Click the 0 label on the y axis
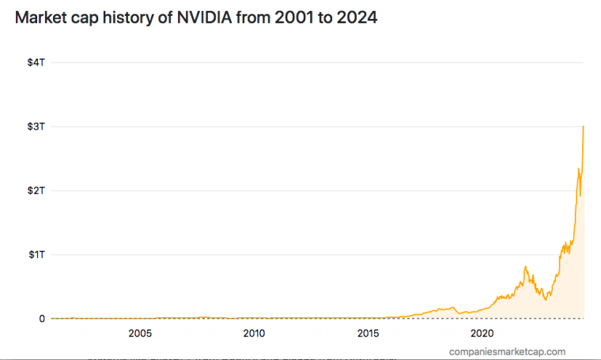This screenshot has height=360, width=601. click(42, 319)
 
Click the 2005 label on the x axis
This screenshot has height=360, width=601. click(140, 334)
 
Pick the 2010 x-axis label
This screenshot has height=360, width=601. click(254, 334)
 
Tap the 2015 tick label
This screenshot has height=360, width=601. click(368, 334)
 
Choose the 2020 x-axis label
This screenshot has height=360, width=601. click(482, 334)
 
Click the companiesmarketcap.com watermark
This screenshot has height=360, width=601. click(507, 351)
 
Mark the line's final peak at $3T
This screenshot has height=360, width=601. click(584, 127)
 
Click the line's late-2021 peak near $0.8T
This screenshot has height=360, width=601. click(525, 267)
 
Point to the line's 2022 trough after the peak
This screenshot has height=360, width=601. click(546, 300)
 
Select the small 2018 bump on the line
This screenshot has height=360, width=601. click(452, 307)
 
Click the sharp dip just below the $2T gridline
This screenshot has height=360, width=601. click(580, 195)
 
